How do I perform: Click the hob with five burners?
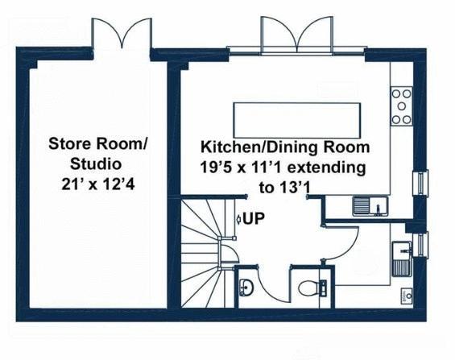point(401,106)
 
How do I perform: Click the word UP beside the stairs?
point(254,217)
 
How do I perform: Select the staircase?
point(205,234)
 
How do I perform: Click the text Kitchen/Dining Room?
point(285,148)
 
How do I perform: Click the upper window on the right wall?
point(418,184)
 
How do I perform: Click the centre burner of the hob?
point(401,106)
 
